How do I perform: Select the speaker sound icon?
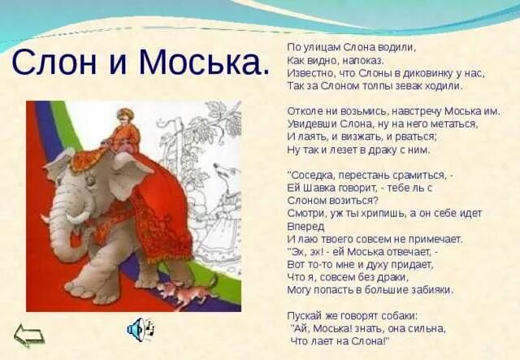[x=139, y=329]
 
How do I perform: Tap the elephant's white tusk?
[x=78, y=217]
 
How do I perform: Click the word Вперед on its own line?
[x=305, y=227]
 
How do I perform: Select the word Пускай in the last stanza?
[x=307, y=315]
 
